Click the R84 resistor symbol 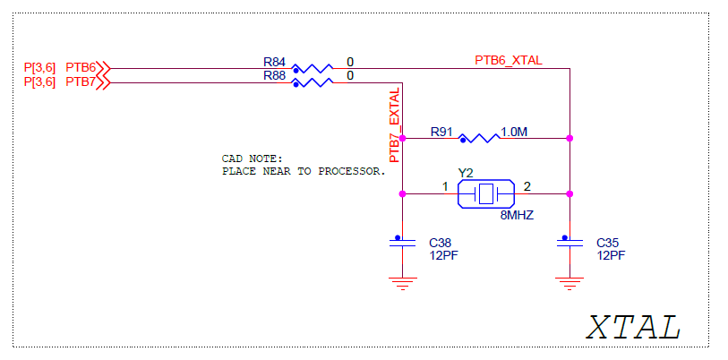[313, 68]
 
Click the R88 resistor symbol [313, 82]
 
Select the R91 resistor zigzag [479, 139]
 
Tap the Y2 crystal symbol [485, 193]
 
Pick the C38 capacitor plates [402, 242]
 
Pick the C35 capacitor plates [568, 242]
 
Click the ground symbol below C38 [402, 283]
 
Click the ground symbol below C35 [568, 283]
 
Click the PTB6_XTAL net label [508, 60]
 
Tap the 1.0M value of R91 [514, 132]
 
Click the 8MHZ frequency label [517, 216]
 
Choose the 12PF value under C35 [611, 255]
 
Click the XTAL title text [633, 327]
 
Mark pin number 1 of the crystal [445, 186]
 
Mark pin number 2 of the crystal [527, 186]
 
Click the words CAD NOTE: [252, 159]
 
